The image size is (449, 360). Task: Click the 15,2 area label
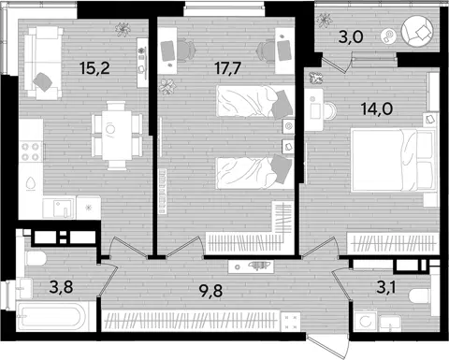tap(94, 68)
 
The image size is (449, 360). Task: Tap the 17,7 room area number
tap(228, 68)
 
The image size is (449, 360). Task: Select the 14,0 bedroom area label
tap(377, 108)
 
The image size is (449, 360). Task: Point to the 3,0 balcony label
tap(351, 37)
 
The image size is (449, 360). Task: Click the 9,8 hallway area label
tap(210, 291)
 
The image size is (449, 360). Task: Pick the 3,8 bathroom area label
tap(61, 287)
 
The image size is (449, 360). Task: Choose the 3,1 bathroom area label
tap(386, 287)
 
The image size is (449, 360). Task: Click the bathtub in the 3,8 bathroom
tap(51, 317)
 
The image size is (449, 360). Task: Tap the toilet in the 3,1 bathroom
tap(421, 295)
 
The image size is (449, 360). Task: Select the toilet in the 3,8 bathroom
tap(36, 259)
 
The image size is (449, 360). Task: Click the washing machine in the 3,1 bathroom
tap(366, 321)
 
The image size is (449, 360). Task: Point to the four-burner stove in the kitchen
tap(31, 151)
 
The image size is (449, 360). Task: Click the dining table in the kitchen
tap(117, 135)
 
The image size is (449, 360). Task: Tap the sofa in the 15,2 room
tap(43, 63)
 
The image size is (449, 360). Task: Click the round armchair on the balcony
tap(417, 31)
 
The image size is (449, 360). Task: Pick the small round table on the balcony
tap(388, 36)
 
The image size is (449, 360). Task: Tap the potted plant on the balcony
tap(324, 21)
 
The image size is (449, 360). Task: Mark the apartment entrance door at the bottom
tap(327, 347)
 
